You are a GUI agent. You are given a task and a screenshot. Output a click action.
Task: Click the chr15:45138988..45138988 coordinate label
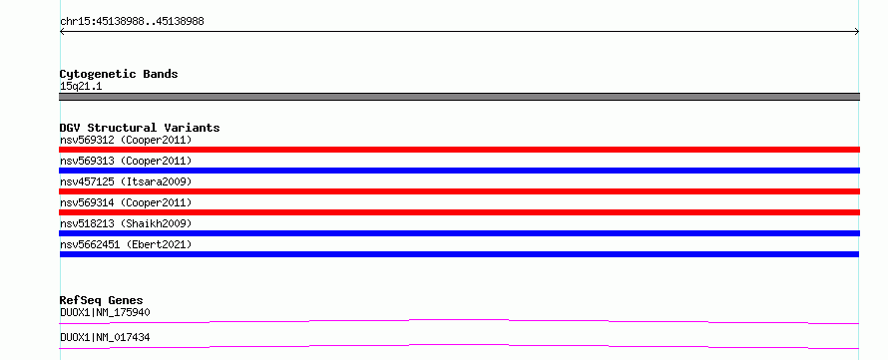tap(132, 22)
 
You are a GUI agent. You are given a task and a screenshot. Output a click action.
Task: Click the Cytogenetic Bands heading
tap(119, 74)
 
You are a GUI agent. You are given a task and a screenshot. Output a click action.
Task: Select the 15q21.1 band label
tap(81, 87)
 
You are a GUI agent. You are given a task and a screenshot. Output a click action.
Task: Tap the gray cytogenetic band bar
tap(459, 97)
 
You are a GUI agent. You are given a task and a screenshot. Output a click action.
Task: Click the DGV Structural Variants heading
tap(140, 128)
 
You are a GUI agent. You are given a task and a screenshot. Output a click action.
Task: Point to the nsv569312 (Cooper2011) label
tap(126, 140)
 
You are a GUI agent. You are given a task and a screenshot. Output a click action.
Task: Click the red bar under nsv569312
tap(459, 150)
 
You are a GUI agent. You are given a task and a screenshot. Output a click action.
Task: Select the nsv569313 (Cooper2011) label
tap(126, 161)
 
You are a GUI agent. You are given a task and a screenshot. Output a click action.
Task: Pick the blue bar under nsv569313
tap(459, 171)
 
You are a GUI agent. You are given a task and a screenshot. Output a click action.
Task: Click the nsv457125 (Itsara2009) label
tap(126, 181)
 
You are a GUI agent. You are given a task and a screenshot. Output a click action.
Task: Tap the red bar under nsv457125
tap(459, 191)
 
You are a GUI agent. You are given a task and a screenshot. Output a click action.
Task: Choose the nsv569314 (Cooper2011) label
tap(126, 202)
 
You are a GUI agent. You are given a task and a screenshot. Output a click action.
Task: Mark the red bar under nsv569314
tap(459, 212)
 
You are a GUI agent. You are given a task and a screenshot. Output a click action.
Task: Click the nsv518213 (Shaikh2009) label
tap(126, 223)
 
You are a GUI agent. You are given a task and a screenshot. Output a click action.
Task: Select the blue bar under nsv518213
tap(459, 233)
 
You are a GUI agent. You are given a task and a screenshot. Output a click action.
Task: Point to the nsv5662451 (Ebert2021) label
tap(126, 244)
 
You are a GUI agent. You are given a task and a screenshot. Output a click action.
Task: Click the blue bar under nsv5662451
tap(459, 254)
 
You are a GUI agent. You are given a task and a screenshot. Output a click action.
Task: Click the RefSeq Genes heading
tap(102, 300)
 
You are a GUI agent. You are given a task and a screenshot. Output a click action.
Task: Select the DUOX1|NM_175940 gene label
tap(105, 312)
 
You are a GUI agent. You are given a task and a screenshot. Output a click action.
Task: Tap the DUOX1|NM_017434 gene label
tap(105, 338)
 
